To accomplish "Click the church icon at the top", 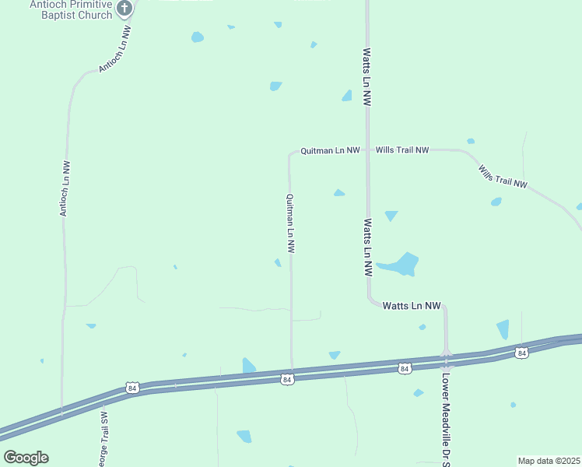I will [x=124, y=9].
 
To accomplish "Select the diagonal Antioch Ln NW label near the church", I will [x=114, y=48].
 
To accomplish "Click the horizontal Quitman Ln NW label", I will [x=330, y=150].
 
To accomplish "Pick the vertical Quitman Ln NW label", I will [x=291, y=224].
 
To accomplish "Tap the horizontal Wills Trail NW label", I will [x=402, y=149].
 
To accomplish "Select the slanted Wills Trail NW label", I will [x=503, y=176].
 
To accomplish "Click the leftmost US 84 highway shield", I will [x=131, y=388].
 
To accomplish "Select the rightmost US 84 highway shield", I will [x=521, y=353].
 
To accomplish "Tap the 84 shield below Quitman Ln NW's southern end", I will [x=288, y=379].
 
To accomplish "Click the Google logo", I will [x=26, y=458].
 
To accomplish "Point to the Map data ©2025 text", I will [x=549, y=461].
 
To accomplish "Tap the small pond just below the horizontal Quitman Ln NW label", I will [x=339, y=193].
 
